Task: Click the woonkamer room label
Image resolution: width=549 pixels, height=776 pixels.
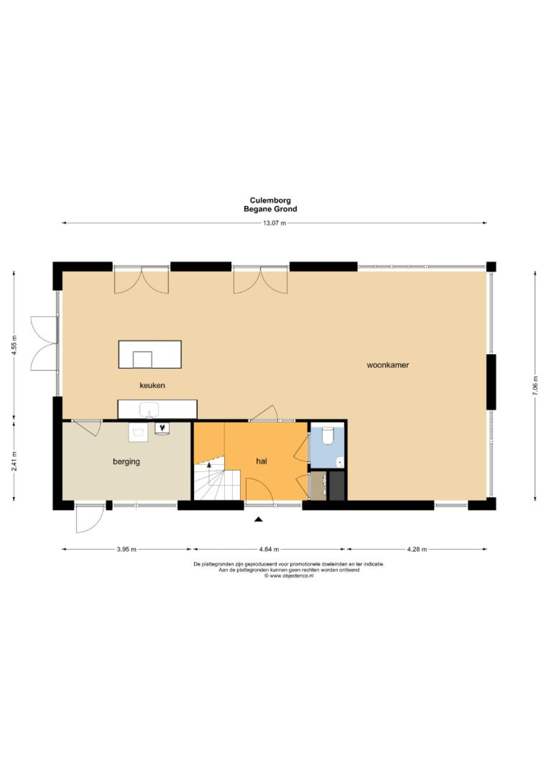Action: pos(388,365)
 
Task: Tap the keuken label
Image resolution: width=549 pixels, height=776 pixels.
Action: pos(152,385)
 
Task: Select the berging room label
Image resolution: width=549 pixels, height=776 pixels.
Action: pos(126,462)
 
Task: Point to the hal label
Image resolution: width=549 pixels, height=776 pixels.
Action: pos(261,461)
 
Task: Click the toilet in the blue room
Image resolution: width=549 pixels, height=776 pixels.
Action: pos(328,435)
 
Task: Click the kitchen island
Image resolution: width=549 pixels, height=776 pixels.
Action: pos(150,354)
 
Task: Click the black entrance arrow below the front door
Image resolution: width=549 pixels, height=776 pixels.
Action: pos(258,519)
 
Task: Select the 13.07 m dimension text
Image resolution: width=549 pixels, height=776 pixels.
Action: pos(274,223)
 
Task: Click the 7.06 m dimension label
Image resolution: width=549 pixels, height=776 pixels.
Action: pos(535,386)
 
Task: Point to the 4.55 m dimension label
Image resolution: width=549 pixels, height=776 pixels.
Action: pos(14,345)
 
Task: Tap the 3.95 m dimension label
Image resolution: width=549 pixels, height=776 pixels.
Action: pos(127,549)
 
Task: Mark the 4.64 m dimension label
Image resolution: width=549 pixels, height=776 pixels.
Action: pos(269,549)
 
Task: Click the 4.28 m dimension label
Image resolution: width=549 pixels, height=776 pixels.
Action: pos(417,549)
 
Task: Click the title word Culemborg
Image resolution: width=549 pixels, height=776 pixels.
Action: pos(270,200)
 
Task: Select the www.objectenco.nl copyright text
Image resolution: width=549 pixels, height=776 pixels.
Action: pos(289,576)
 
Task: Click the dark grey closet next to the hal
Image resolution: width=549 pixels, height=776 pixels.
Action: pos(337,486)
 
